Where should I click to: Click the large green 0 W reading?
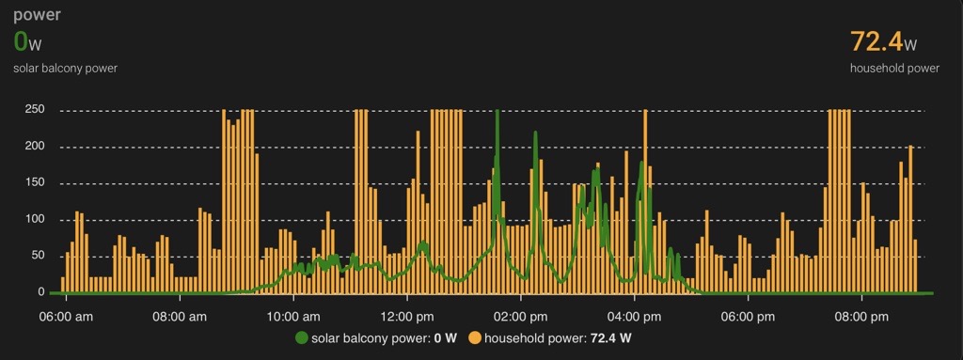click(27, 42)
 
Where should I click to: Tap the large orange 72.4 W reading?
click(883, 42)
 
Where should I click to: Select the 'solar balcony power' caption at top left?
click(65, 68)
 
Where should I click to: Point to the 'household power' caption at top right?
click(894, 68)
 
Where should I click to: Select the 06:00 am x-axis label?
click(64, 316)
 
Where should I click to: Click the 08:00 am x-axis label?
click(179, 316)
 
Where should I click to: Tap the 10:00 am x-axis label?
click(293, 316)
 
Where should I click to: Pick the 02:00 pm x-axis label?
click(520, 316)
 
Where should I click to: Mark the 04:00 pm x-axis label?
click(634, 316)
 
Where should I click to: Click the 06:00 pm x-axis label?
click(749, 316)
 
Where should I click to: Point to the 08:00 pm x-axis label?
click(861, 316)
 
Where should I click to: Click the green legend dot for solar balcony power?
click(302, 337)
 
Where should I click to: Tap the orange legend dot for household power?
click(476, 337)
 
